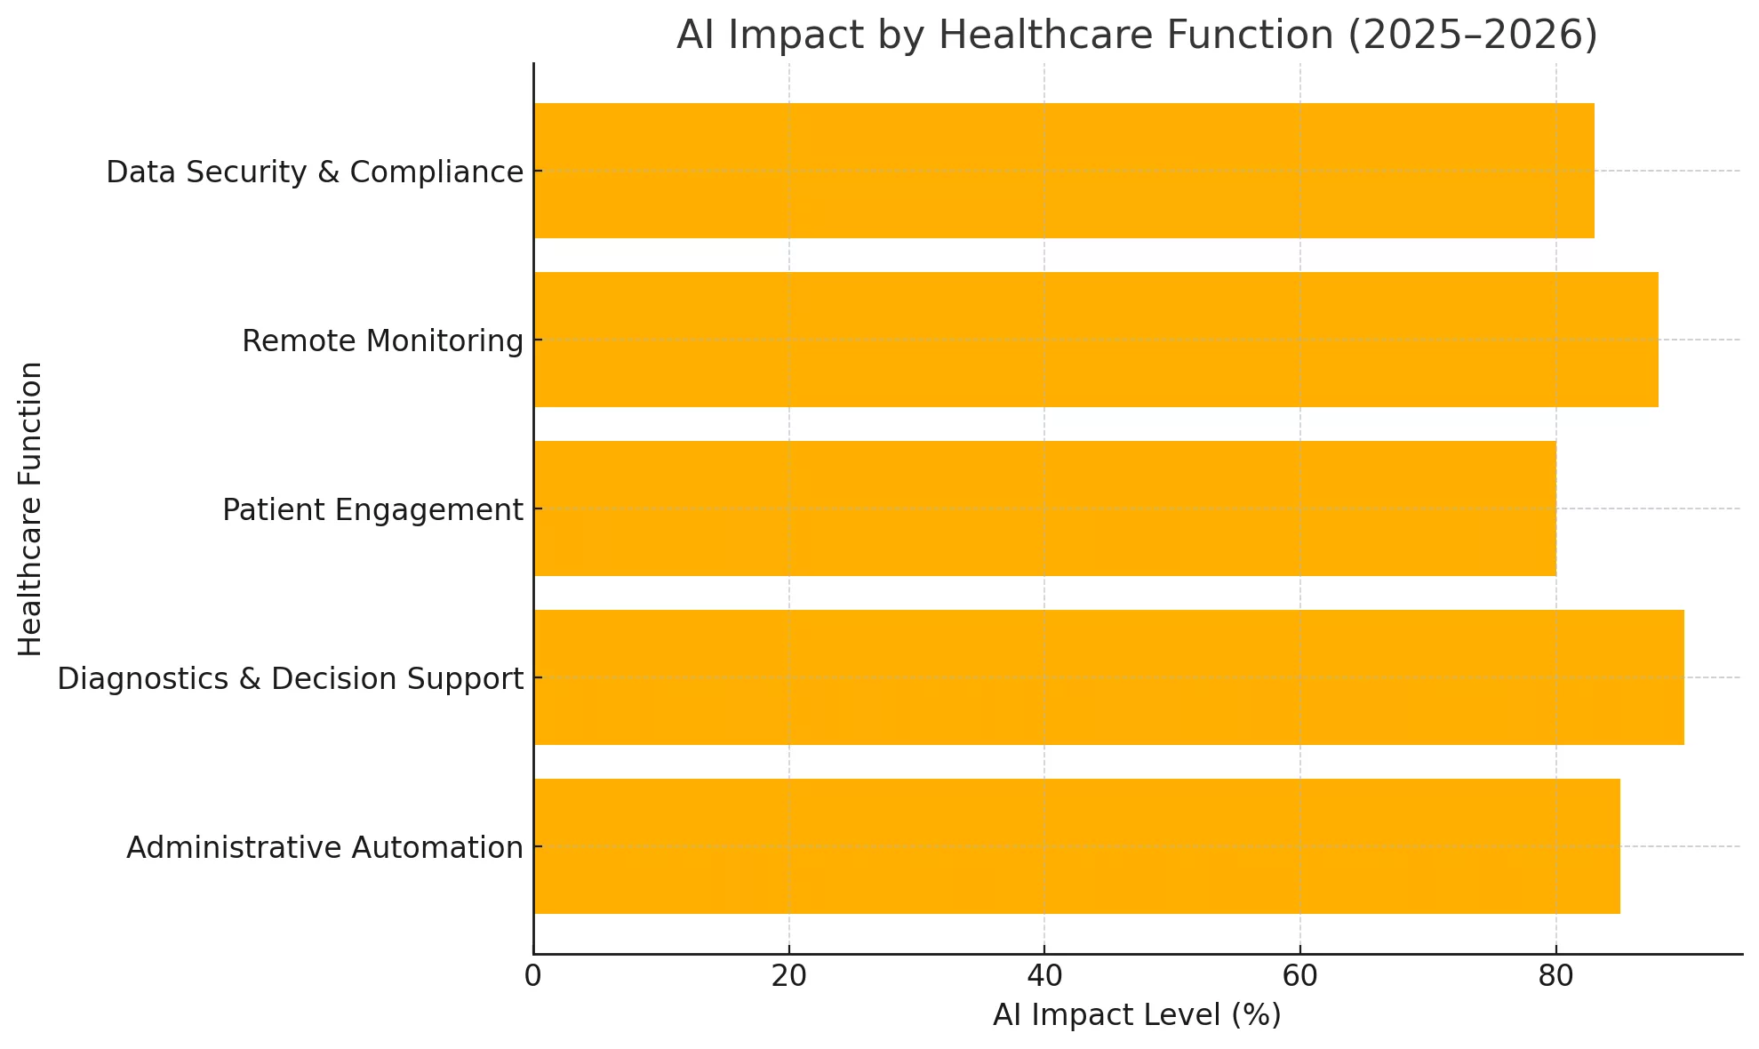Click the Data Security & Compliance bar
point(1063,171)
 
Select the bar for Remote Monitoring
point(1095,340)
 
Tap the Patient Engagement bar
point(1044,508)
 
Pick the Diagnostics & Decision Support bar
point(1108,677)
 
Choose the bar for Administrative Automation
point(1076,846)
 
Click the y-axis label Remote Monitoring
point(382,340)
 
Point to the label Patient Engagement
point(372,510)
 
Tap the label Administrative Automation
point(324,848)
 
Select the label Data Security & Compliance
point(315,172)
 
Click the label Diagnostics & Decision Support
point(290,679)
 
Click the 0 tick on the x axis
point(533,976)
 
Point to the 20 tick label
point(788,976)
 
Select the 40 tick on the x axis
point(1044,976)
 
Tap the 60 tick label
point(1299,976)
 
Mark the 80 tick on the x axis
point(1555,976)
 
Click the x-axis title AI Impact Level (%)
point(1137,1015)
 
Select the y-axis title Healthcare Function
point(30,508)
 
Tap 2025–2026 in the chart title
point(1472,36)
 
